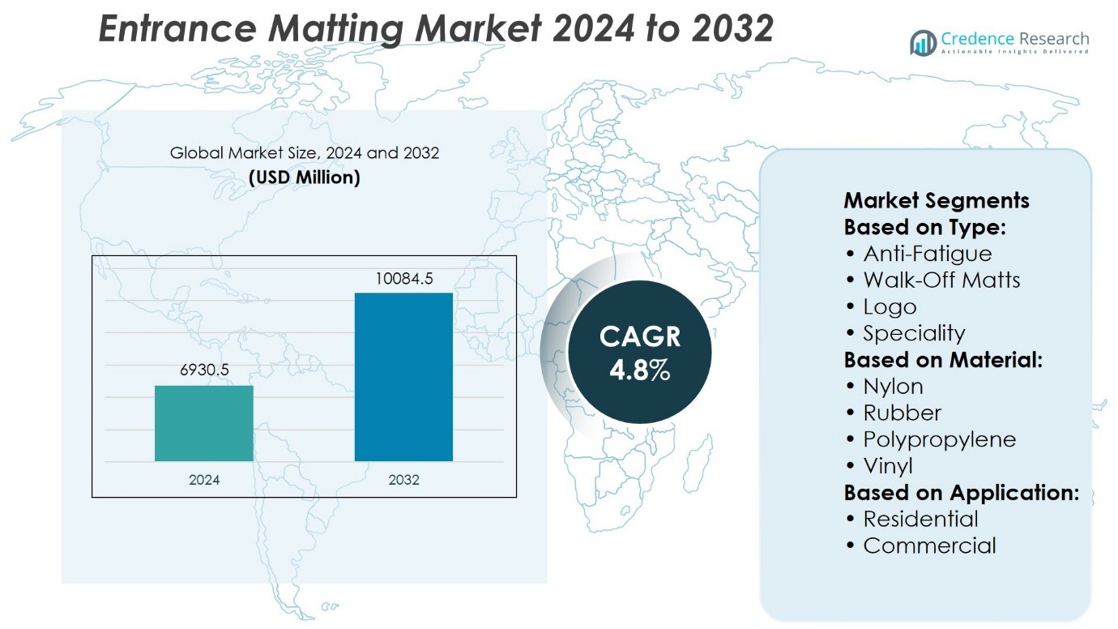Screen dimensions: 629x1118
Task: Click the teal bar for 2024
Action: point(204,423)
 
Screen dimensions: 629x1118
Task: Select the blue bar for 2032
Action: point(403,377)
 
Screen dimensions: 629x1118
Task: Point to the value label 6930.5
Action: point(204,370)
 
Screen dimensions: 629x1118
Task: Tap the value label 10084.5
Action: point(403,279)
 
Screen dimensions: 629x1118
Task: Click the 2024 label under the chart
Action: point(204,480)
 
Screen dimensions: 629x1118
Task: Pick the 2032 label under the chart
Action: point(403,480)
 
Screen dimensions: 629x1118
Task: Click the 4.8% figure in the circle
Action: point(639,370)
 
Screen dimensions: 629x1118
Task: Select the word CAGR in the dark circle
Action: point(640,337)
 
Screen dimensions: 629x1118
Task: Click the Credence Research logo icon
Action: point(923,43)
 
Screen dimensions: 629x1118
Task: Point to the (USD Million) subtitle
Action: point(305,177)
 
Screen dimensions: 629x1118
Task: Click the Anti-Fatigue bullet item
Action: point(927,254)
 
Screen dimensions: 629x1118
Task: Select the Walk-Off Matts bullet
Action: point(941,280)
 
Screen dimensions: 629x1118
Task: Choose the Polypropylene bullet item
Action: point(939,439)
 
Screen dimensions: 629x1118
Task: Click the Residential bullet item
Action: point(920,519)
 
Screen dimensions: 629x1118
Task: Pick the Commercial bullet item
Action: point(929,546)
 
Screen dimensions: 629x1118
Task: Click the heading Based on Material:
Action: point(943,360)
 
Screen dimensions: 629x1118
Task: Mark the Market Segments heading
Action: point(937,201)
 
